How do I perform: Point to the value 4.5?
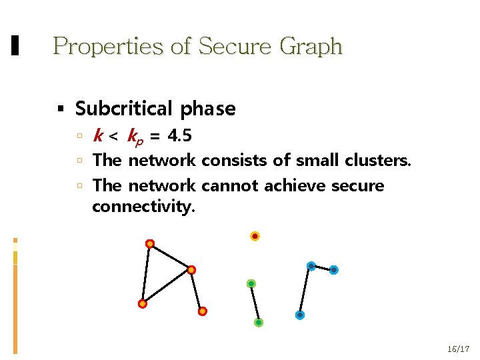(x=180, y=137)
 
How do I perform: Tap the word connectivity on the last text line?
(x=143, y=207)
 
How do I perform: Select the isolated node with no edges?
(x=255, y=236)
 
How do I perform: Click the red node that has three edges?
(x=191, y=270)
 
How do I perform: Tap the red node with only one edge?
(x=203, y=311)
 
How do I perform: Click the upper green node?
(x=251, y=283)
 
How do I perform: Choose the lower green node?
(x=259, y=323)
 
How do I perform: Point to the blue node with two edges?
(x=311, y=266)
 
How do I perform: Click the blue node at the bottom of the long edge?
(x=300, y=315)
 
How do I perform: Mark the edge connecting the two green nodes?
(x=255, y=303)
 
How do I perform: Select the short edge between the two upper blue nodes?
(x=323, y=268)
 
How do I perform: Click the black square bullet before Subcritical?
(x=61, y=109)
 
